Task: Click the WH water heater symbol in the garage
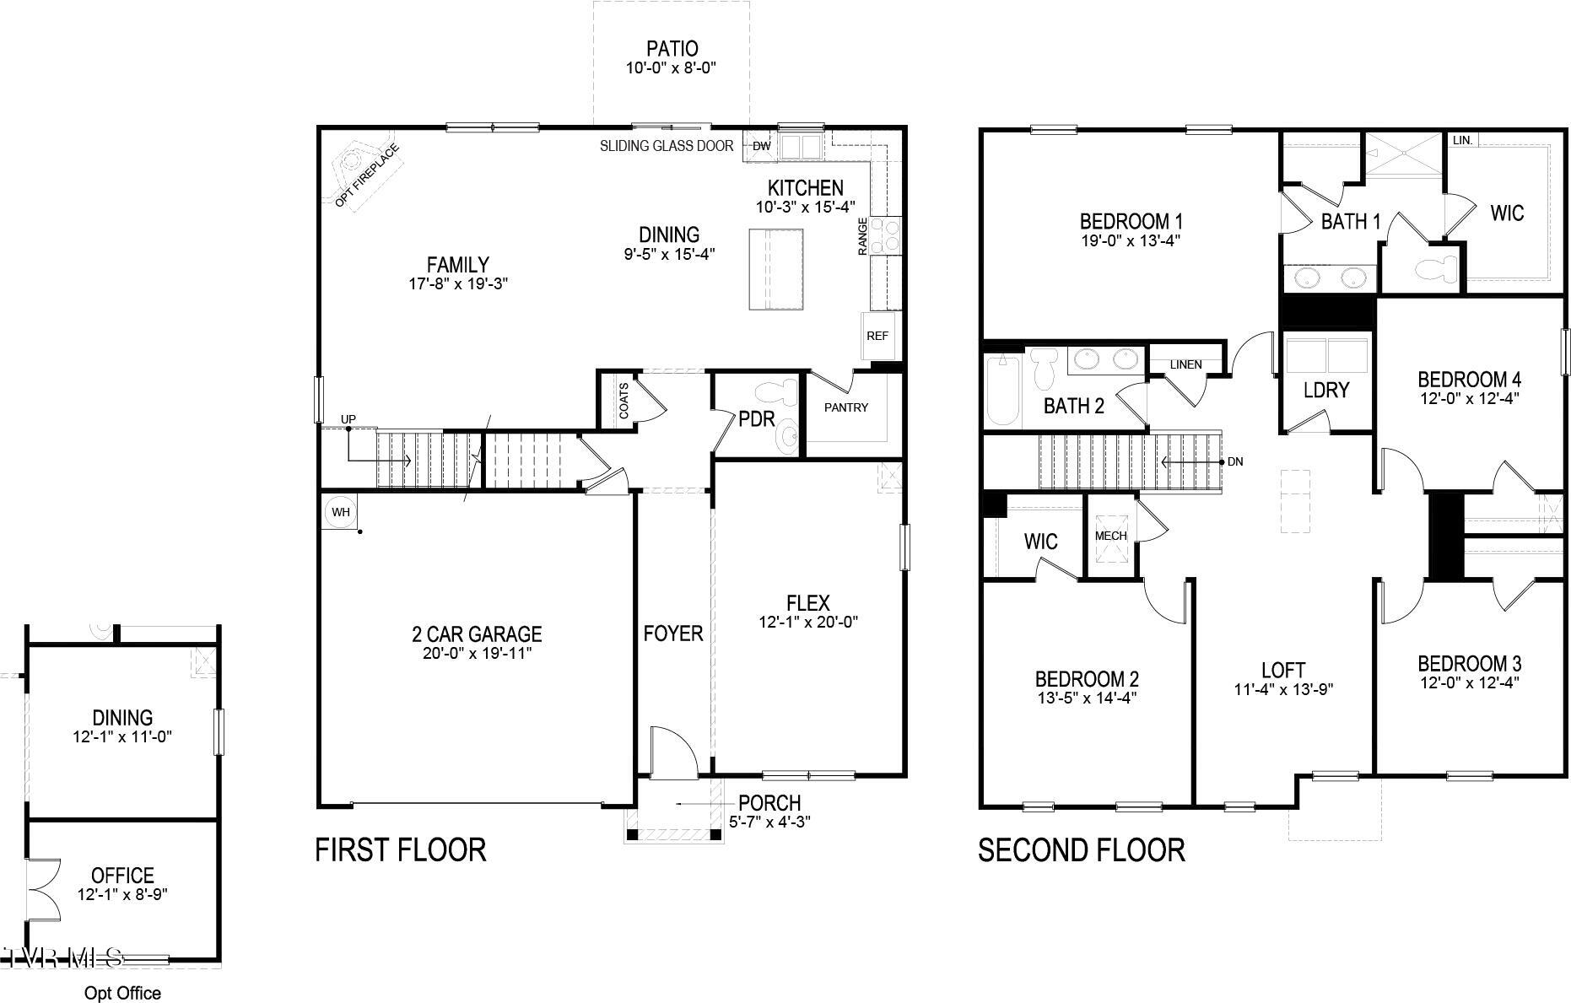[340, 512]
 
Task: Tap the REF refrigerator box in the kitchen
[877, 336]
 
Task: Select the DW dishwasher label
[761, 146]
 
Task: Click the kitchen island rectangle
[776, 269]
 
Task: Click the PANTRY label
[845, 407]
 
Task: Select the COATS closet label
[624, 401]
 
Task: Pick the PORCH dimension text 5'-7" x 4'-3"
[769, 821]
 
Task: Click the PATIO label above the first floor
[672, 49]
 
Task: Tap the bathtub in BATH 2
[1003, 391]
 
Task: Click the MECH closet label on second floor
[1110, 536]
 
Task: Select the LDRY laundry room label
[1326, 390]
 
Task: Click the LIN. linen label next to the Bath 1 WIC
[1462, 140]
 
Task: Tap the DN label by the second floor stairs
[1235, 462]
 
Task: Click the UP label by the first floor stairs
[348, 419]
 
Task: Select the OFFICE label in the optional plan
[122, 875]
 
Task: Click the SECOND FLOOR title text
[1081, 850]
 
